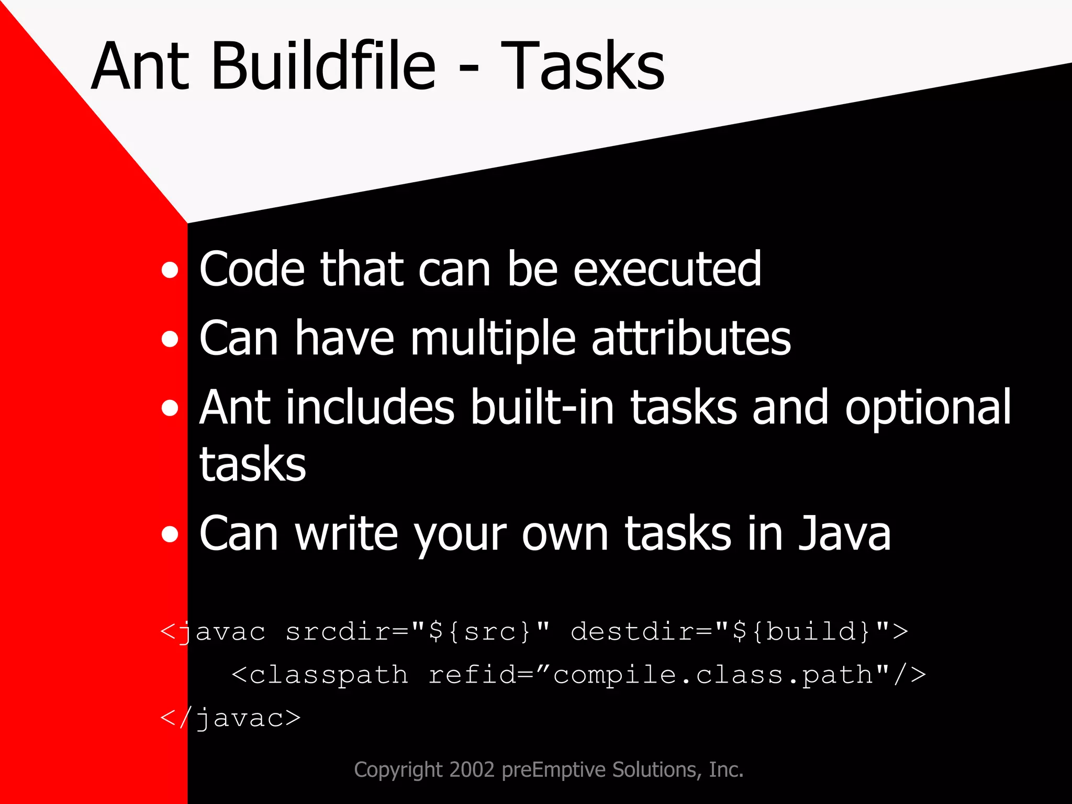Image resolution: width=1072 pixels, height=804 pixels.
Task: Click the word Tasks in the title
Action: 582,66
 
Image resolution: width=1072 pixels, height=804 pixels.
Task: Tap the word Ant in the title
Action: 140,66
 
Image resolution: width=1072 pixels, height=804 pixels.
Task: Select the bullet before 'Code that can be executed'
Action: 170,271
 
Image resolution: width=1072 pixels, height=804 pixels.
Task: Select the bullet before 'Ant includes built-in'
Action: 170,408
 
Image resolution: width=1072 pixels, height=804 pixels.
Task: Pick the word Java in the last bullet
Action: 844,534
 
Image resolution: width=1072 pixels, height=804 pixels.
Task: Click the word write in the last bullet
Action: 346,534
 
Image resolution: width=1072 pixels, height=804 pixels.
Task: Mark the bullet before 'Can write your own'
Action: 170,535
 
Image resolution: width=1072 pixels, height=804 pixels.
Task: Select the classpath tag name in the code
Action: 328,675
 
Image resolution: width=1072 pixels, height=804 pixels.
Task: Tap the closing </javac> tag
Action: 231,718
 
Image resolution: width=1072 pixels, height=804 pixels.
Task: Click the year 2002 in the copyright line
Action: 472,770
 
